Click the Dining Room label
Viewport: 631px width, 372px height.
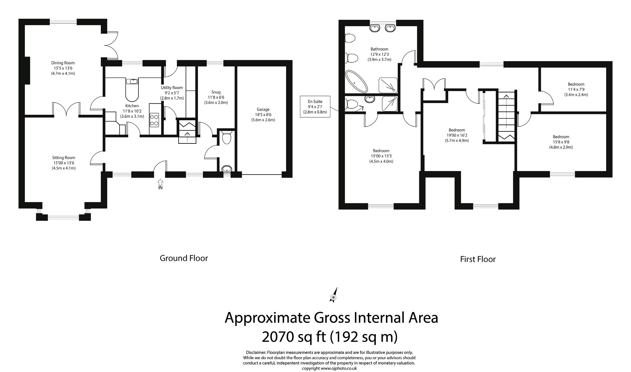click(63, 63)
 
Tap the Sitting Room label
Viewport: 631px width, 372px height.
click(64, 158)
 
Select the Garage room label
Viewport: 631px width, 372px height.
click(263, 109)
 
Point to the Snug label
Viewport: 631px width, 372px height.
click(216, 92)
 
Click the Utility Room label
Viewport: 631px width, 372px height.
click(172, 87)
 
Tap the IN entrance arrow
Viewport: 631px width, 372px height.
click(160, 182)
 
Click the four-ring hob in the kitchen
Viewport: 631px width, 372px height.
click(154, 120)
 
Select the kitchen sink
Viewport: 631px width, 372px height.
click(132, 81)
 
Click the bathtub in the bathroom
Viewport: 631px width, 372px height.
click(356, 81)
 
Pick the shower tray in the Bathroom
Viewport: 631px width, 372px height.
click(388, 85)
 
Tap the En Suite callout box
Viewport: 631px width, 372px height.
click(315, 107)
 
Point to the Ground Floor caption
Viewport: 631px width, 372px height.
click(184, 258)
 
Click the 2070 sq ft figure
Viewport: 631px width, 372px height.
click(293, 337)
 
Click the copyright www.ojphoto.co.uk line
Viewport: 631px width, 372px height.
click(329, 368)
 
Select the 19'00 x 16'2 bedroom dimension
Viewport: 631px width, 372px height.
click(457, 135)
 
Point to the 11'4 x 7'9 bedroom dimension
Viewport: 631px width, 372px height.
click(576, 89)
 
